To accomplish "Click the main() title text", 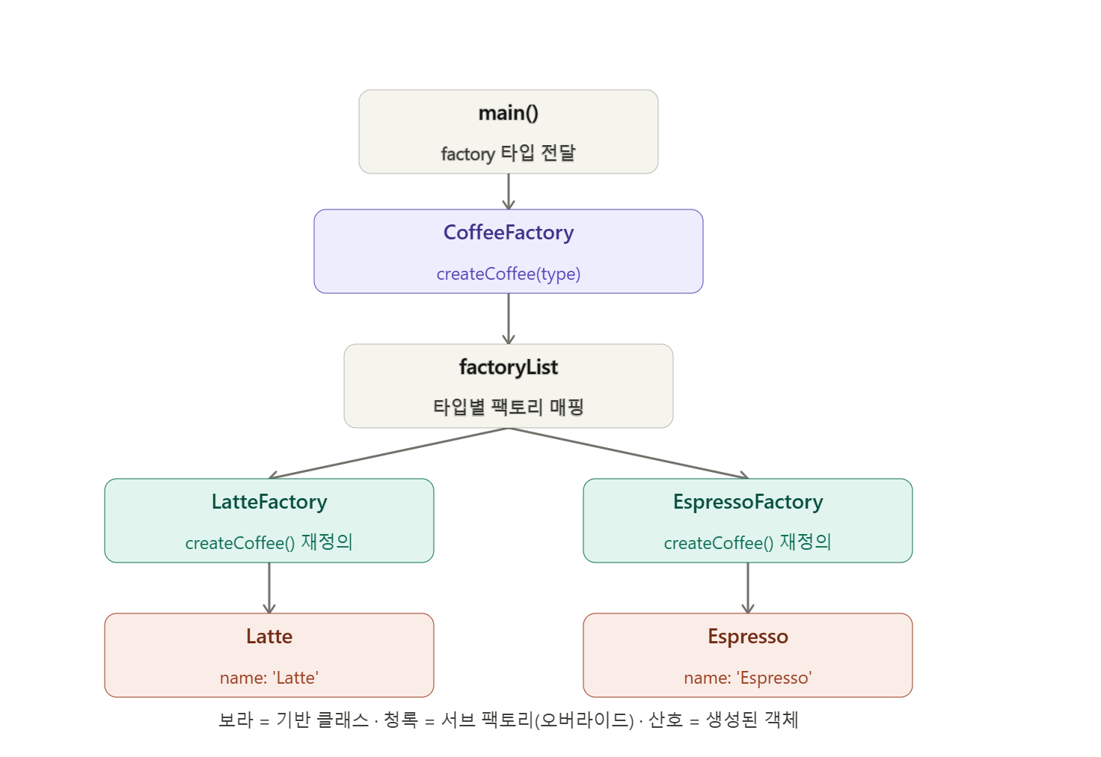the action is tap(508, 113).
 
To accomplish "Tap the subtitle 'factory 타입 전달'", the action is tap(508, 153).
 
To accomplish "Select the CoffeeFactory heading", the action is tap(508, 233).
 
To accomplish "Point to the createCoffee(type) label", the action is tap(508, 274).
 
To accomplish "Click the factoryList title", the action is tap(508, 367).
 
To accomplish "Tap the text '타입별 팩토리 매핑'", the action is tap(508, 407).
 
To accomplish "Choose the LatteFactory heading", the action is tap(269, 502).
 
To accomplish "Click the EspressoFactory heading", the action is tap(748, 502).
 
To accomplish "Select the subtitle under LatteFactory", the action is tap(269, 542).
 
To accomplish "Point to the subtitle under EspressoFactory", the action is tap(748, 542).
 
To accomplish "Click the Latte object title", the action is tap(269, 637).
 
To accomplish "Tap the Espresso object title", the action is tap(748, 637).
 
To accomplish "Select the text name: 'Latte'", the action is tap(269, 678).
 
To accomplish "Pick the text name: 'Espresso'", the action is tap(748, 678).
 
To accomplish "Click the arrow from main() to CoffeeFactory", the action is tap(508, 191).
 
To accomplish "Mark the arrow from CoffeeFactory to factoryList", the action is tap(508, 319).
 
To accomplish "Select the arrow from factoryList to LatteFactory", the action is tap(389, 453).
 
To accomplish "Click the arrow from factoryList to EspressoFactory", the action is tap(628, 453).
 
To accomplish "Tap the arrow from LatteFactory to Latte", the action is tap(269, 588).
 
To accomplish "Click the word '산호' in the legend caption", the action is tap(666, 720).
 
